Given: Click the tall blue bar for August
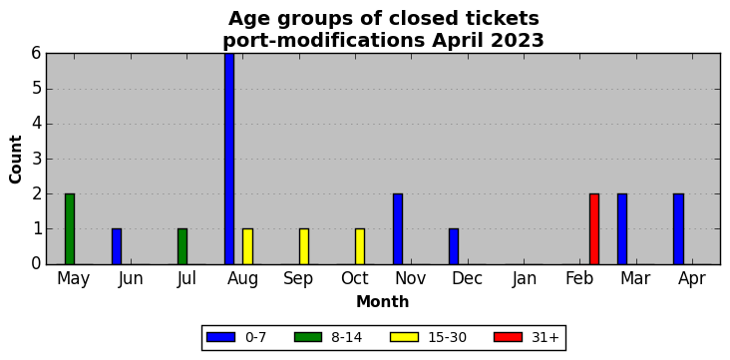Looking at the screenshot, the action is pyautogui.click(x=229, y=159).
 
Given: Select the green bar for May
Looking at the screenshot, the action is pyautogui.click(x=70, y=229).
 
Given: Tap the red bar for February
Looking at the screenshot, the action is pyautogui.click(x=594, y=229).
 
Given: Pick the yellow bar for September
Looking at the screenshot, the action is pyautogui.click(x=304, y=247).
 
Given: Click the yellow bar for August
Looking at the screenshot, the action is pyautogui.click(x=247, y=247).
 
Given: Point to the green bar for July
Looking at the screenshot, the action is pyautogui.click(x=182, y=247).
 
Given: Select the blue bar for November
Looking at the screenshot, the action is pyautogui.click(x=398, y=229).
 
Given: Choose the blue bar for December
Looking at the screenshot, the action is pyautogui.click(x=454, y=247).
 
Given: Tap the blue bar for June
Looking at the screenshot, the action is pyautogui.click(x=117, y=247).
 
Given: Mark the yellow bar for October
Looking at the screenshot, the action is pyautogui.click(x=360, y=247).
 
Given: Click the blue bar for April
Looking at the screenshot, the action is pyautogui.click(x=678, y=229).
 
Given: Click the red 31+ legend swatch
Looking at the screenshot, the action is pyautogui.click(x=508, y=337).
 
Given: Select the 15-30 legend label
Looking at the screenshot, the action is pyautogui.click(x=448, y=337).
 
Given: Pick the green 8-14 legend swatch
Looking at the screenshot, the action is pyautogui.click(x=308, y=337).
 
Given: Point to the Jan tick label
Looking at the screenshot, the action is pyautogui.click(x=524, y=279).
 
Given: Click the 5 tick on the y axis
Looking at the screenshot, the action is pyautogui.click(x=37, y=89).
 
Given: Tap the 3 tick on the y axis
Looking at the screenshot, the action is pyautogui.click(x=37, y=160).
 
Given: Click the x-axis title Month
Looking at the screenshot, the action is pyautogui.click(x=383, y=302).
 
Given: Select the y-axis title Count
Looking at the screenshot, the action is pyautogui.click(x=15, y=160).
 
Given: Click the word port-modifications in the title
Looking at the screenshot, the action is pyautogui.click(x=323, y=41).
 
